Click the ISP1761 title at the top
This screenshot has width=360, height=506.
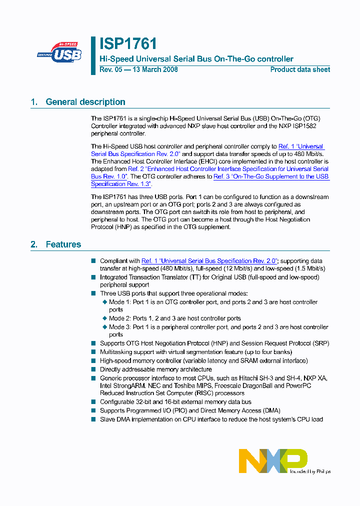tap(128, 44)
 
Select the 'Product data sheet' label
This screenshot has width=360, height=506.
tap(300, 69)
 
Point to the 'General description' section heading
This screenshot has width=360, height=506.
tap(85, 102)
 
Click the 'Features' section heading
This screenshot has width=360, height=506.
tap(63, 244)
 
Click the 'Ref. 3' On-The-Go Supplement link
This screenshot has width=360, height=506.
tap(271, 176)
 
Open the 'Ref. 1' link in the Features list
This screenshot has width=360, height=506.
tap(209, 261)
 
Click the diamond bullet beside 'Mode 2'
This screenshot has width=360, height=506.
tap(105, 318)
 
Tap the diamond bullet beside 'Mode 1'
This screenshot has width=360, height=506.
tap(105, 302)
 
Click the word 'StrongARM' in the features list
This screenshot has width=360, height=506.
tap(131, 386)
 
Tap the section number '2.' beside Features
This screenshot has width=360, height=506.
tap(34, 244)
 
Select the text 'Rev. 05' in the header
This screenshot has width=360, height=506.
tap(110, 69)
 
